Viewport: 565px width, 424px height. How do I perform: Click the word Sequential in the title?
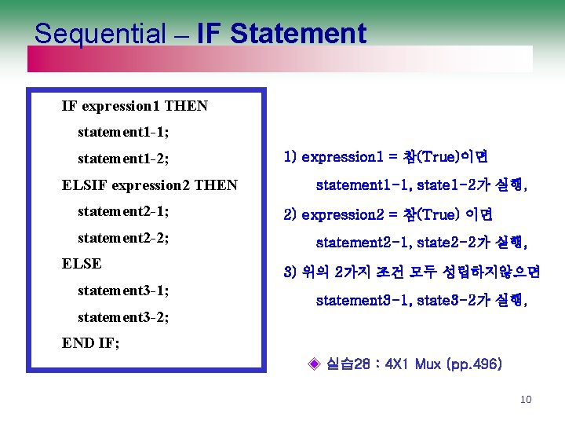click(100, 34)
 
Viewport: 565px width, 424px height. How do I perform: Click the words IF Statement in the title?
click(282, 34)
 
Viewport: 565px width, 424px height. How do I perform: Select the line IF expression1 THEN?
click(134, 106)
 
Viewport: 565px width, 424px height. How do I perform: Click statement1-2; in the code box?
click(124, 159)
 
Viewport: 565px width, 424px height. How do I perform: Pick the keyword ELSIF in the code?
click(85, 185)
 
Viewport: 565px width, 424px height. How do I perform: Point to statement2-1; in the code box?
click(124, 211)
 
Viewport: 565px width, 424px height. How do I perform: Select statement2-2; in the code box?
click(124, 237)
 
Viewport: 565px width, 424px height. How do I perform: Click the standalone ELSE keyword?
click(82, 264)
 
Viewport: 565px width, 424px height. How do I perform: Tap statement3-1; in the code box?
click(124, 291)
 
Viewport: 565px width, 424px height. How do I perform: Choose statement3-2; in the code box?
click(124, 318)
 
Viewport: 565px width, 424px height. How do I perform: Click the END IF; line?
click(90, 343)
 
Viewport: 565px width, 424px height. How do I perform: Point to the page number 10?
click(526, 400)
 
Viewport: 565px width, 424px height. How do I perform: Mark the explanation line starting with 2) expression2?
click(388, 214)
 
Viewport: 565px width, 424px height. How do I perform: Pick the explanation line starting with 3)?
click(411, 272)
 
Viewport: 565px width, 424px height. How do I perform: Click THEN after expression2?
click(216, 185)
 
